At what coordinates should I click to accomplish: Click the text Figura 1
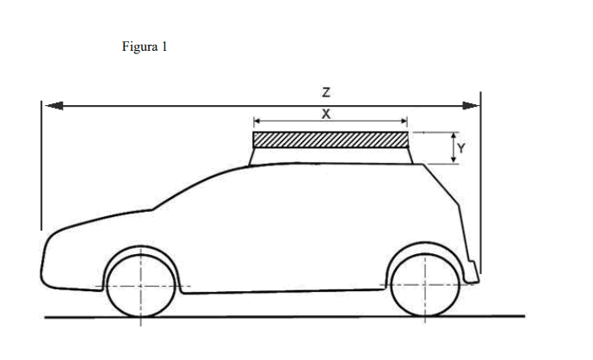[x=145, y=47]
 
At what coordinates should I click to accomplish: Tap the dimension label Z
[x=327, y=91]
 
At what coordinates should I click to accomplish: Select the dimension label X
[x=327, y=114]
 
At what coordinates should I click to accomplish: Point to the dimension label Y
[x=461, y=147]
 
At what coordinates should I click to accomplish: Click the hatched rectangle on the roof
[x=330, y=140]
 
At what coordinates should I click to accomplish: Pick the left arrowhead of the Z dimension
[x=53, y=105]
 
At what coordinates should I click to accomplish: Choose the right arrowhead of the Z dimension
[x=471, y=105]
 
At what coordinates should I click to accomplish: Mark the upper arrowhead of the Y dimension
[x=453, y=136]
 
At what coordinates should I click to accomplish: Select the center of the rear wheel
[x=423, y=285]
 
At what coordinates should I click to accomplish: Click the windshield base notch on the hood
[x=152, y=208]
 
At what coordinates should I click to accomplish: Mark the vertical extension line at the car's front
[x=41, y=164]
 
